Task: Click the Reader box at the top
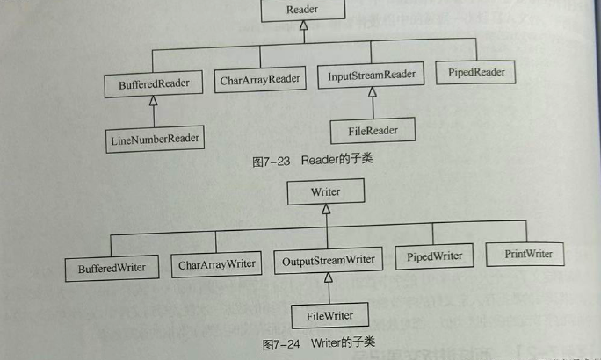click(302, 10)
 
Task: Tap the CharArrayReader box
click(260, 80)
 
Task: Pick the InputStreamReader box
click(371, 76)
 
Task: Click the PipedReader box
click(475, 73)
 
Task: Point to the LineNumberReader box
click(156, 138)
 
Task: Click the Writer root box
click(325, 191)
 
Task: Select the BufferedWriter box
click(112, 267)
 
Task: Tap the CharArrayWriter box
click(216, 264)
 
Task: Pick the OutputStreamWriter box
click(329, 261)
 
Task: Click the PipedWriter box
click(434, 257)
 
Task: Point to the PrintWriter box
click(528, 255)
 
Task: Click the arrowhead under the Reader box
click(302, 26)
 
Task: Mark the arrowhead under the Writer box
click(325, 209)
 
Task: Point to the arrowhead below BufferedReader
click(154, 103)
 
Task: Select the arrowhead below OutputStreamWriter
click(329, 278)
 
